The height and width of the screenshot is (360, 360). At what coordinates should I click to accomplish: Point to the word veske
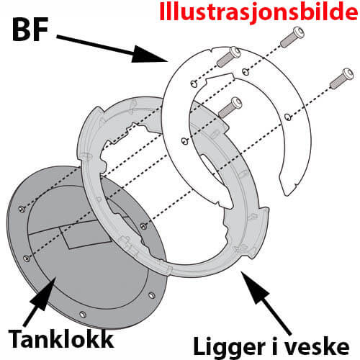[324, 341]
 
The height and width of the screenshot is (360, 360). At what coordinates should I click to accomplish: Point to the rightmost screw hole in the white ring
[287, 115]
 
